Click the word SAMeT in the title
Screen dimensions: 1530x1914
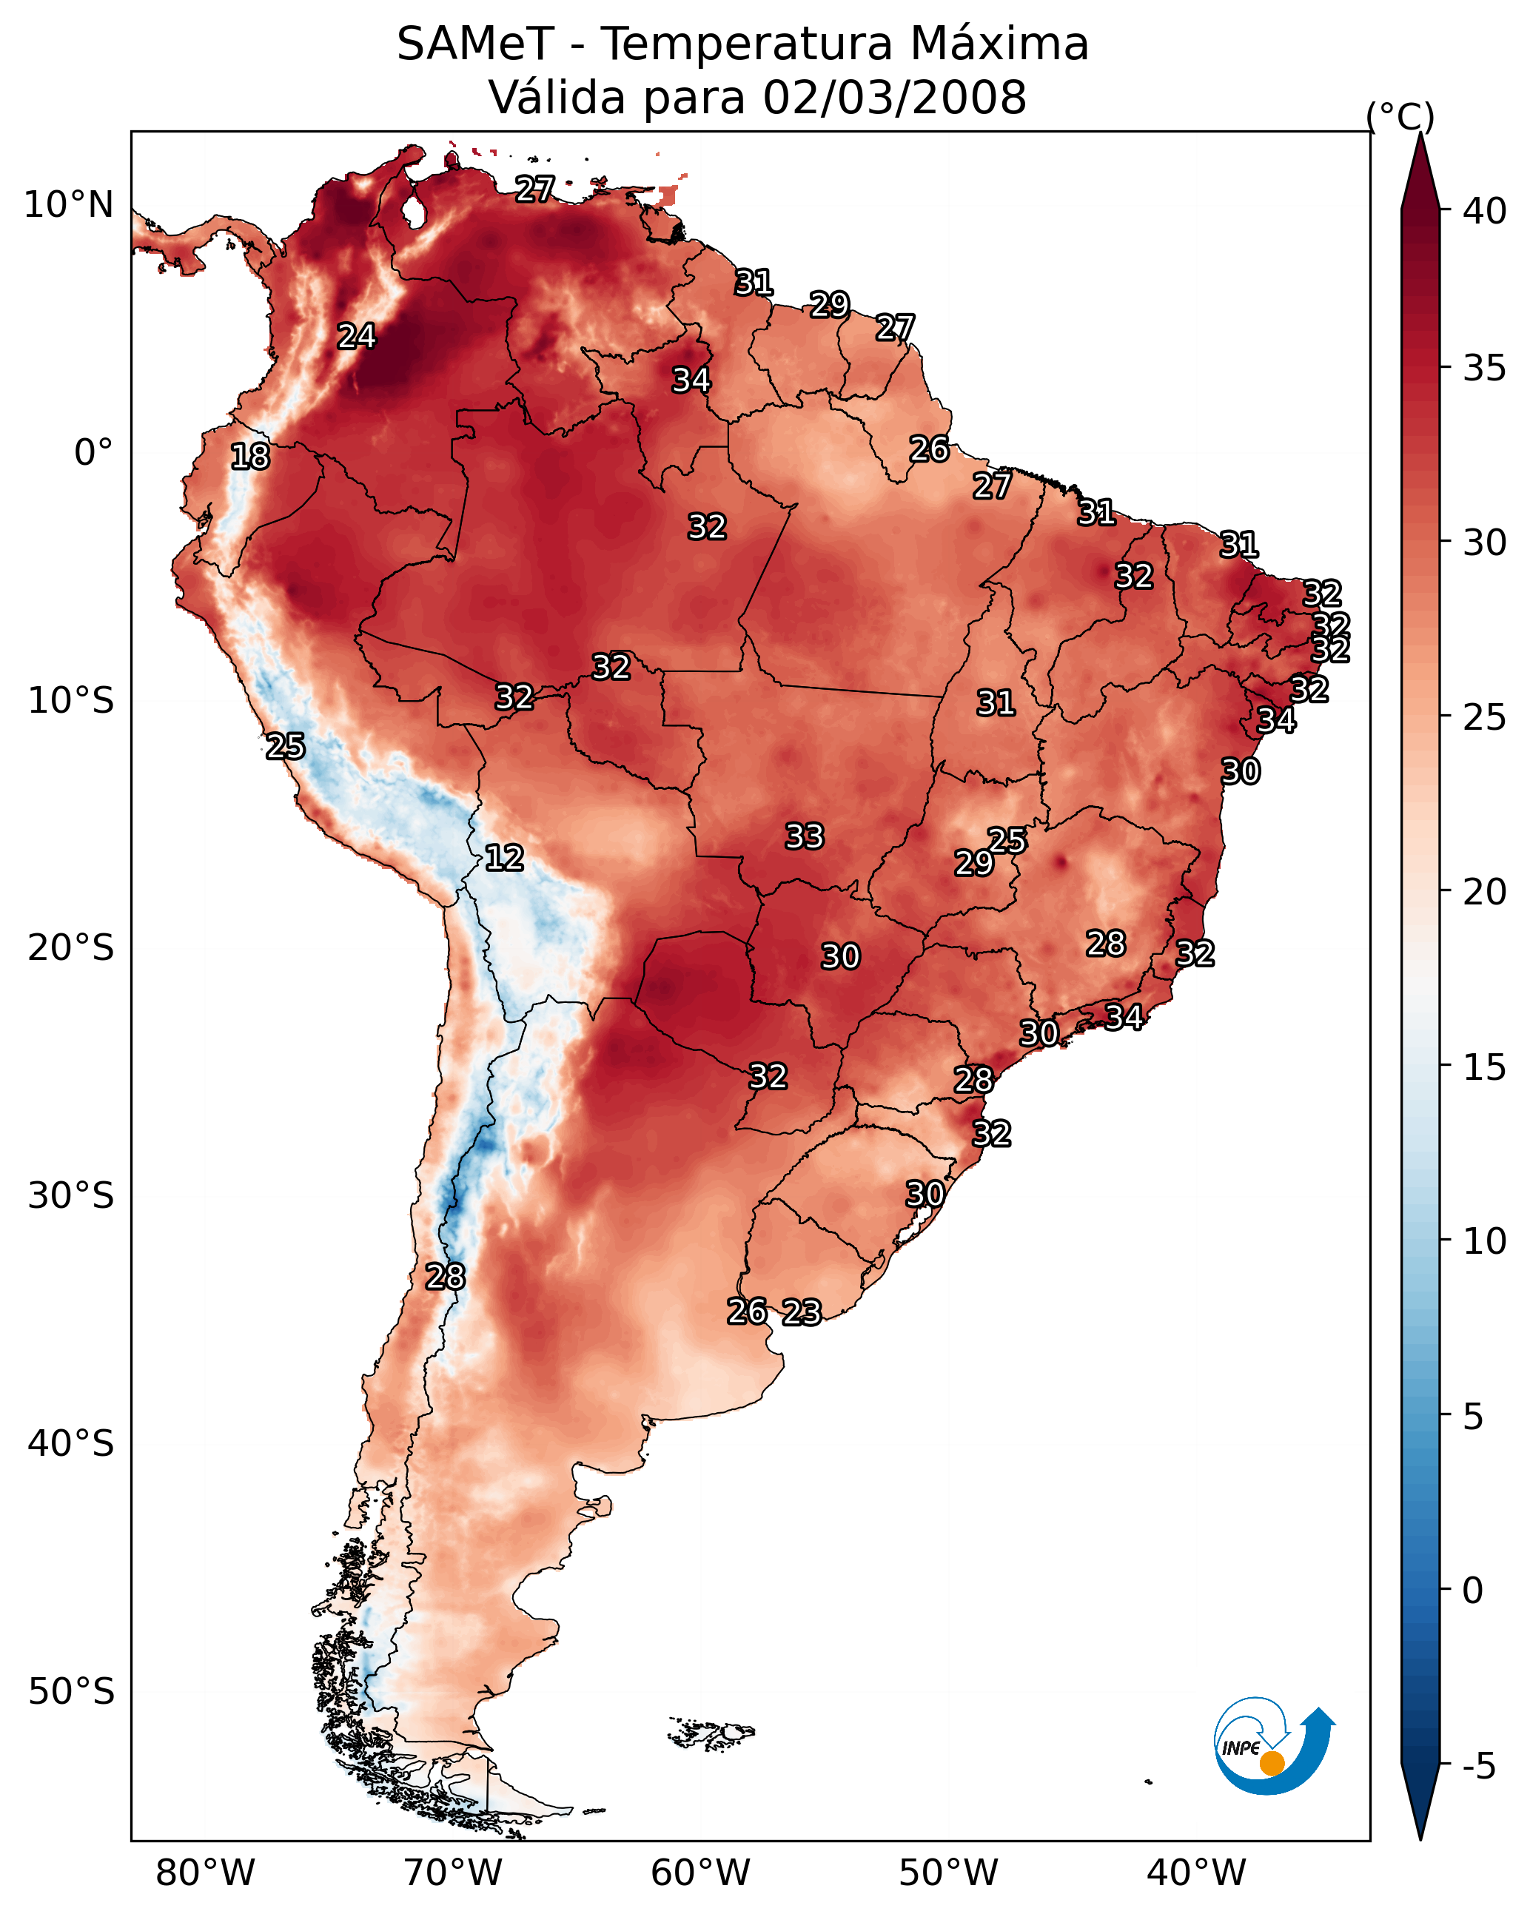point(475,44)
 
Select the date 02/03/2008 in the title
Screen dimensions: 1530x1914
point(894,98)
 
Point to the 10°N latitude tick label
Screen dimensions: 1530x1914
point(68,205)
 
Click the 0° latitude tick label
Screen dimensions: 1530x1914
point(94,453)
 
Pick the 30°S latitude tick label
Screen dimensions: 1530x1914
point(71,1196)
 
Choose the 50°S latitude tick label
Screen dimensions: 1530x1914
point(71,1692)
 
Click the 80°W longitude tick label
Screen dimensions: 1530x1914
point(205,1873)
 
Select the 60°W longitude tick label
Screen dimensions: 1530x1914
point(701,1873)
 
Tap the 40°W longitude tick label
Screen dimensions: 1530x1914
point(1196,1873)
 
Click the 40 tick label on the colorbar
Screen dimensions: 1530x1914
point(1485,211)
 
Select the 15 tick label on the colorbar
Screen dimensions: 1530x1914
point(1485,1068)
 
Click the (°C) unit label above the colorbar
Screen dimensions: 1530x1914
point(1400,117)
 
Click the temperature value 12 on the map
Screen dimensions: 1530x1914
point(504,859)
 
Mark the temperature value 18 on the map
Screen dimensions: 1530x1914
point(250,457)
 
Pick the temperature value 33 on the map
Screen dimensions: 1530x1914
point(805,836)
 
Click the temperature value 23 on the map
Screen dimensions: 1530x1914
point(802,1312)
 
